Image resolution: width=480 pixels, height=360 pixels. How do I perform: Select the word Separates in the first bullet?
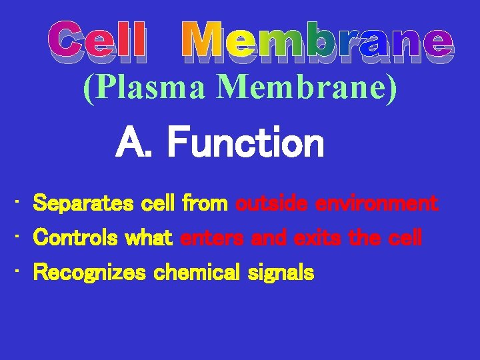(83, 203)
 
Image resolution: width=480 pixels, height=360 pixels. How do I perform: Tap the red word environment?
(377, 203)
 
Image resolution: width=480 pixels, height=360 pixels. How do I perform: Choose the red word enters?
(211, 237)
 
